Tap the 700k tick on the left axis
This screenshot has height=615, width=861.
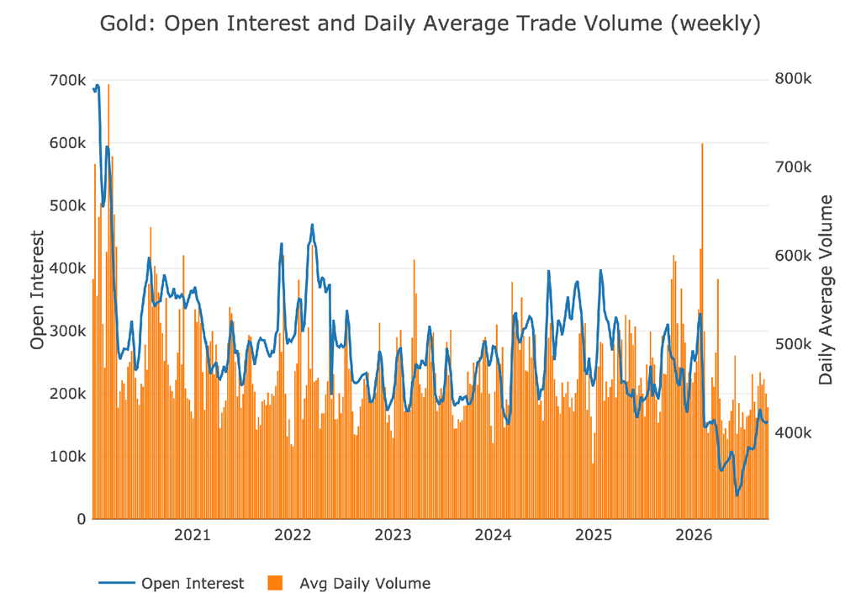point(67,80)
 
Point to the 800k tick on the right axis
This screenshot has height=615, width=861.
point(793,79)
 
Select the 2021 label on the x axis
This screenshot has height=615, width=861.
point(193,535)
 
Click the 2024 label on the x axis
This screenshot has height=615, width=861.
point(493,535)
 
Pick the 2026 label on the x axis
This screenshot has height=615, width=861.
point(694,535)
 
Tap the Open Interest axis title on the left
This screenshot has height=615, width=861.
point(37,289)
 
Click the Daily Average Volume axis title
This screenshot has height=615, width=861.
point(826,289)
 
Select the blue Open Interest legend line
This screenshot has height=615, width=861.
point(116,582)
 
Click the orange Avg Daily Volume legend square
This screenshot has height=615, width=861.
point(275,582)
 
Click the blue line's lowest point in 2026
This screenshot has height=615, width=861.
point(737,496)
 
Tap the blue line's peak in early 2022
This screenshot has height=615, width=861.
point(312,225)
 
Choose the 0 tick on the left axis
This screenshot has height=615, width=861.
point(82,519)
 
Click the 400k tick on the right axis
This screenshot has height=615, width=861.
point(793,433)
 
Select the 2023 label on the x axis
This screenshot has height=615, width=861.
point(393,535)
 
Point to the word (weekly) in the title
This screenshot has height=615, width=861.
point(716,24)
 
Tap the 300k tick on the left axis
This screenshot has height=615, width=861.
point(67,331)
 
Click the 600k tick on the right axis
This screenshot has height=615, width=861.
point(793,256)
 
